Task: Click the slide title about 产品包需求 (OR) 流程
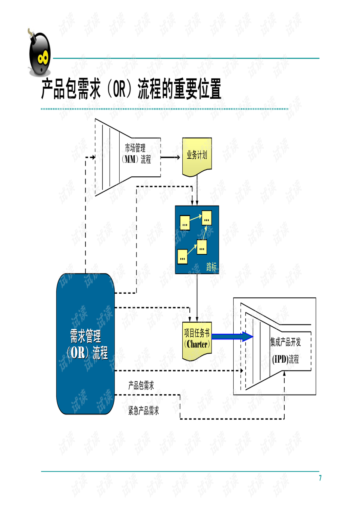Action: [131, 89]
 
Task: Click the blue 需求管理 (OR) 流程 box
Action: [85, 344]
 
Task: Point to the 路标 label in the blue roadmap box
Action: [211, 267]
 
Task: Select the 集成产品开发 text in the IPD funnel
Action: [285, 342]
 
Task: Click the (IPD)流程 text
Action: [285, 359]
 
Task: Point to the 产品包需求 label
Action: [141, 386]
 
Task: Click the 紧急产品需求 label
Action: [144, 411]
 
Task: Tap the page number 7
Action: [320, 478]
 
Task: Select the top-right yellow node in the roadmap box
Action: [207, 218]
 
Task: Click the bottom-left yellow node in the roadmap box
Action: [182, 257]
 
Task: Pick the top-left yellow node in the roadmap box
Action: [184, 222]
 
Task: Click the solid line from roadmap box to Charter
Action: [197, 296]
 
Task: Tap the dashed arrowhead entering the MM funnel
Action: [93, 158]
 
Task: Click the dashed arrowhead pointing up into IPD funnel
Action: [284, 374]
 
